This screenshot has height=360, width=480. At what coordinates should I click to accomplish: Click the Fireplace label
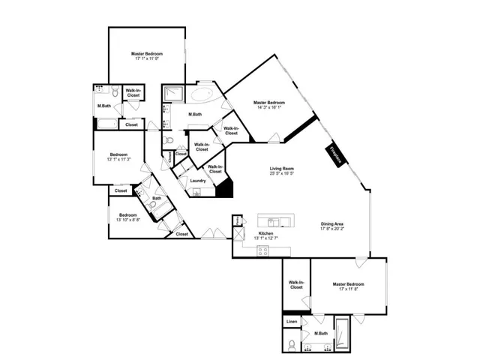pos(335,155)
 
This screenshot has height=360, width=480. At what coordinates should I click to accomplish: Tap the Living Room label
pos(282,169)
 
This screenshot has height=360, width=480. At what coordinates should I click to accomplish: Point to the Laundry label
pos(198,181)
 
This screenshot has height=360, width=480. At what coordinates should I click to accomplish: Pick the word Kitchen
pos(266,233)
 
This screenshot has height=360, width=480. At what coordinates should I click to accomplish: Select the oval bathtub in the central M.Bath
pos(202,95)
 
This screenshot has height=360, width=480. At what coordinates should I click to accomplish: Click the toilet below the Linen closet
pos(291,345)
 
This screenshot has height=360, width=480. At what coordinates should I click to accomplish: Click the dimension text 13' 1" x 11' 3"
pos(119,159)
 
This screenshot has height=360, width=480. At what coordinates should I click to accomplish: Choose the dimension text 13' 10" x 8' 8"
pos(125,220)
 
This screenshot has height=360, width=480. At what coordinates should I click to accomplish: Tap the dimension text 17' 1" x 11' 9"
pos(147,59)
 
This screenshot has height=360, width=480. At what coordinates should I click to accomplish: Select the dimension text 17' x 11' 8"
pos(349,289)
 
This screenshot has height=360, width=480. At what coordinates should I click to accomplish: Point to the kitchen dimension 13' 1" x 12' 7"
pos(266,238)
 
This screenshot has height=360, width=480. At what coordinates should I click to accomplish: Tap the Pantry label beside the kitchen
pos(237,222)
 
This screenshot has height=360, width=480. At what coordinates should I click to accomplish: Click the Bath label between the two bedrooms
pos(157,199)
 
